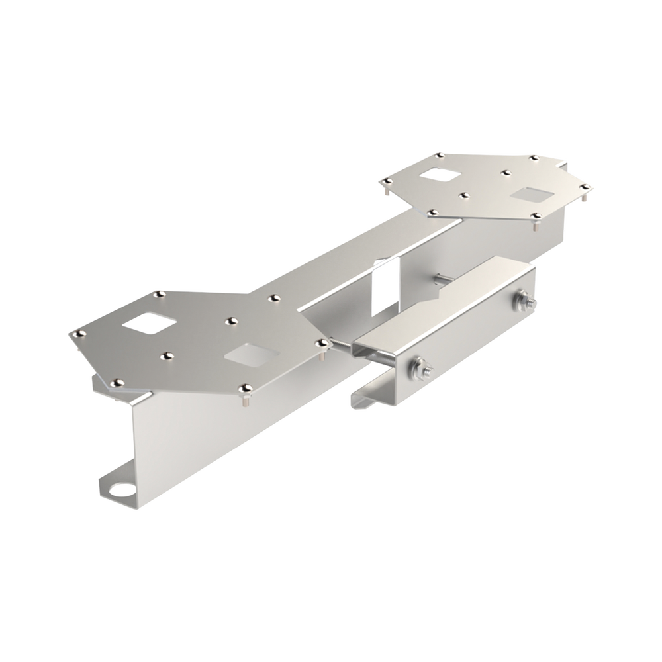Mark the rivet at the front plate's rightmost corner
322,343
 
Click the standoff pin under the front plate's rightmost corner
322,355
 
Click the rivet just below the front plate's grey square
246,387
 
